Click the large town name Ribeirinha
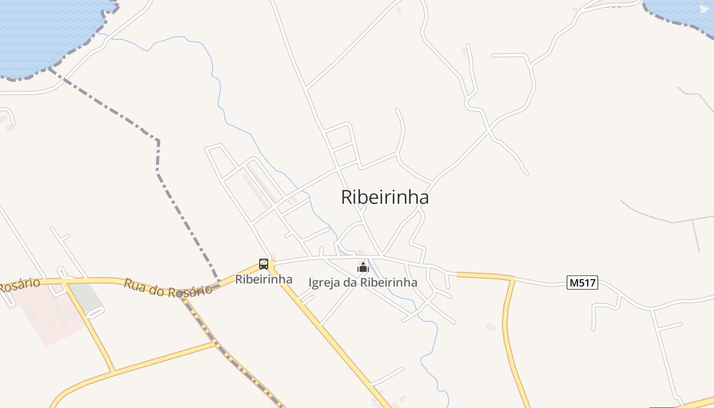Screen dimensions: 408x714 385,197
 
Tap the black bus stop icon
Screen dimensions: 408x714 264,264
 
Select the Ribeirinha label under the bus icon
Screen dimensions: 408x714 264,279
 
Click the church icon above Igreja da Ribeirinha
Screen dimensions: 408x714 363,268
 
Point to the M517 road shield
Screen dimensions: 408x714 582,283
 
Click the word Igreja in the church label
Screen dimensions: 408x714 325,283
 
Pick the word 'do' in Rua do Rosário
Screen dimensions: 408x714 157,288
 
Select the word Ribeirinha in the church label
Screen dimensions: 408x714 389,283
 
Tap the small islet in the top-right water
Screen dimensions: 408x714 704,9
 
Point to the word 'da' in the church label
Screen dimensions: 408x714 351,283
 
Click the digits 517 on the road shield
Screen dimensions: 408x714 586,283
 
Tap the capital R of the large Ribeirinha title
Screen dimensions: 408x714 347,197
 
